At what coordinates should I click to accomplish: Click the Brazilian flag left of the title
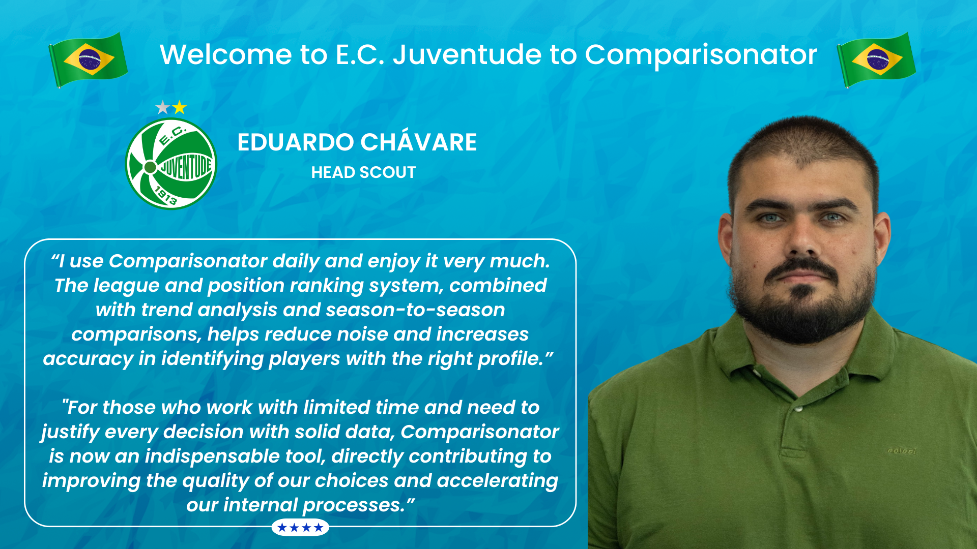[x=89, y=59]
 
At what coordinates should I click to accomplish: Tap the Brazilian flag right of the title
[x=876, y=59]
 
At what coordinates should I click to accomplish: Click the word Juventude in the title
[x=467, y=54]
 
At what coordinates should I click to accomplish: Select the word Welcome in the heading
[x=225, y=54]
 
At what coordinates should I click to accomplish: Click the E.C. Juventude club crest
[x=171, y=164]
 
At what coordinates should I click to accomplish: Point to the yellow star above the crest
[x=179, y=107]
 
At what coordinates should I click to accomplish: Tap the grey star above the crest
[x=162, y=107]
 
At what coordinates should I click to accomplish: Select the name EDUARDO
[x=296, y=142]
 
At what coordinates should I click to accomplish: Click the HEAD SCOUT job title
[x=363, y=172]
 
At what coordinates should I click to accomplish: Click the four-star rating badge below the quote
[x=300, y=528]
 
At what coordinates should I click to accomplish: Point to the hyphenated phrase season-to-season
[x=415, y=310]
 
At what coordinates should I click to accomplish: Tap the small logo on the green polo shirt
[x=902, y=451]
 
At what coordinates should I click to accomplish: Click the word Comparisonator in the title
[x=701, y=55]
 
